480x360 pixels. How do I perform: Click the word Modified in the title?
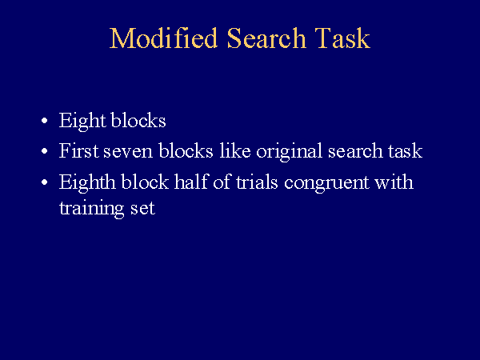163,38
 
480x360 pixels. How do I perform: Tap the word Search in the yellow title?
266,38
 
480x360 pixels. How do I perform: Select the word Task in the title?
343,38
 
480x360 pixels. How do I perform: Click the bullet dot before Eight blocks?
45,121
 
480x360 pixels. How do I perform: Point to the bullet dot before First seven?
45,151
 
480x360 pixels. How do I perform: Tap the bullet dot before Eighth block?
45,182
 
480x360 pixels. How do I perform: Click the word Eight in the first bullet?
82,122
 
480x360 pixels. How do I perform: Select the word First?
78,150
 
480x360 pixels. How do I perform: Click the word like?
235,150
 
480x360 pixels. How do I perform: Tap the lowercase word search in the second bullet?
355,150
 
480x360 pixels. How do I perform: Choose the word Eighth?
87,183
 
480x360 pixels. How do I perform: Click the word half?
191,182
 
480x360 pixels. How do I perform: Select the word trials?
257,182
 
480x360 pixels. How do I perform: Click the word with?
394,182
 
